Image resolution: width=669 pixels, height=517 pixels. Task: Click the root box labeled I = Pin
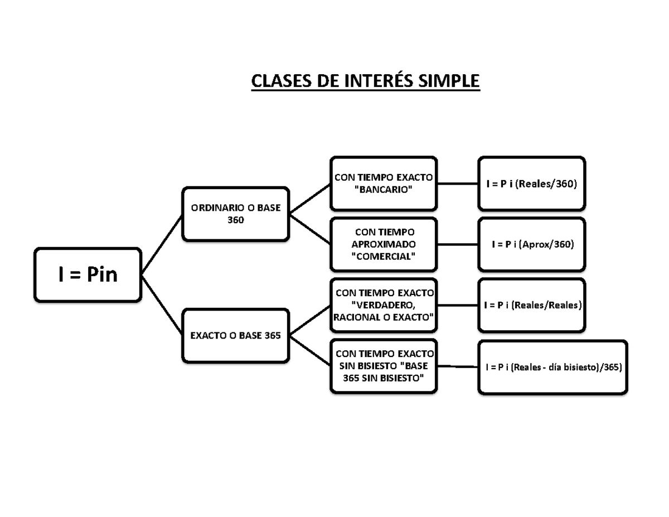pyautogui.click(x=88, y=274)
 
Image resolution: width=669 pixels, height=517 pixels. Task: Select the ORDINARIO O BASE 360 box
pyautogui.click(x=235, y=214)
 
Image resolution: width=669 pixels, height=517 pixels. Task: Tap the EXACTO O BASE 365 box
pyautogui.click(x=235, y=336)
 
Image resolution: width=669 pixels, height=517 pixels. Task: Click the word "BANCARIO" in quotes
pyautogui.click(x=384, y=190)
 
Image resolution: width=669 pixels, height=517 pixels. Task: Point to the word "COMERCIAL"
pyautogui.click(x=384, y=256)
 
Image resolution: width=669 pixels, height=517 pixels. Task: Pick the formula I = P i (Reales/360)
pyautogui.click(x=531, y=183)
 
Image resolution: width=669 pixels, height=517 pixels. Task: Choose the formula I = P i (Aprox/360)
pyautogui.click(x=531, y=244)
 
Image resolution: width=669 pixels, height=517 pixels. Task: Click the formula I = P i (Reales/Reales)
pyautogui.click(x=531, y=305)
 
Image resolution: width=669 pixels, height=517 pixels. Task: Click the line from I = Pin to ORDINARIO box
pyautogui.click(x=162, y=245)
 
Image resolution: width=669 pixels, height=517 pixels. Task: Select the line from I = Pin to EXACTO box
pyautogui.click(x=162, y=305)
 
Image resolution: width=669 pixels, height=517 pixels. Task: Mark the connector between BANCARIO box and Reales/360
pyautogui.click(x=457, y=183)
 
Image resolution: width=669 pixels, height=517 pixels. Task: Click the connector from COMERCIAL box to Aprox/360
pyautogui.click(x=457, y=244)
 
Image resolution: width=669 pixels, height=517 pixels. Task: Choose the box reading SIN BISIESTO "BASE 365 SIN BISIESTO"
pyautogui.click(x=384, y=366)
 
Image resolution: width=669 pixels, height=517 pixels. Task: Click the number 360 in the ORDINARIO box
pyautogui.click(x=235, y=220)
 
